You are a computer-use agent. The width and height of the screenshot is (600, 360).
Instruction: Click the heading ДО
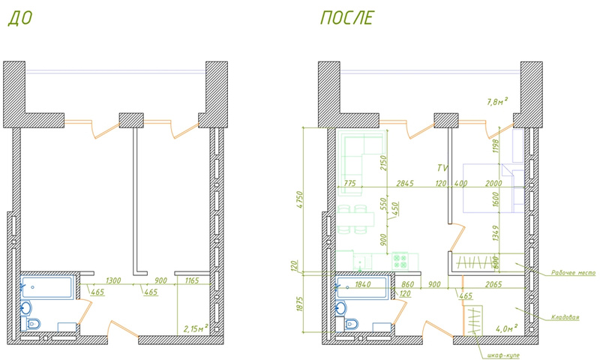point(20,19)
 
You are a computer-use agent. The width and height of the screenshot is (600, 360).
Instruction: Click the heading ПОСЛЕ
point(347,19)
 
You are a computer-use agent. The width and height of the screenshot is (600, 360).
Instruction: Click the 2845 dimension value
point(406,183)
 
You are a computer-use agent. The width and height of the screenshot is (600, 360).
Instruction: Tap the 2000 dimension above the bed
point(493,183)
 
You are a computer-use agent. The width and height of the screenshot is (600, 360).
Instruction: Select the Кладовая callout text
point(565,317)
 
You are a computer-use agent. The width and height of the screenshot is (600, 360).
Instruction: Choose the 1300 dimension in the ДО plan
point(114,280)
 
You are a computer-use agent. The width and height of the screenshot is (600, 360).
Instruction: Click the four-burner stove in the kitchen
point(400,260)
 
